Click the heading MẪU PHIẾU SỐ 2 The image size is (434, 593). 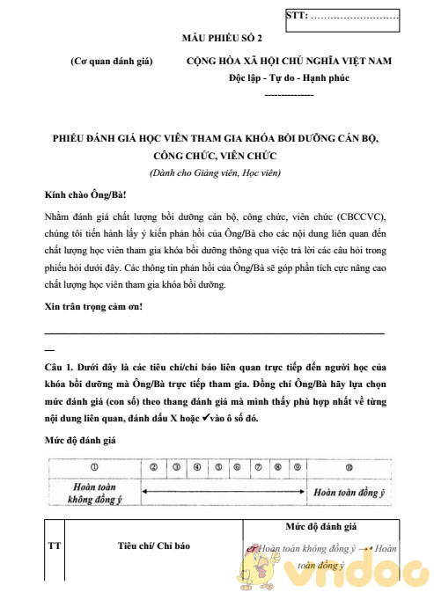tap(222, 39)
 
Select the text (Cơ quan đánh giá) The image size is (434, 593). tap(112, 61)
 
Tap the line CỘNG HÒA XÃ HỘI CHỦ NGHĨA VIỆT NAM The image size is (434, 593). tap(289, 61)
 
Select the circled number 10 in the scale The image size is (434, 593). tap(349, 467)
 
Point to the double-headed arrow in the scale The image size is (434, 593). tap(222, 489)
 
